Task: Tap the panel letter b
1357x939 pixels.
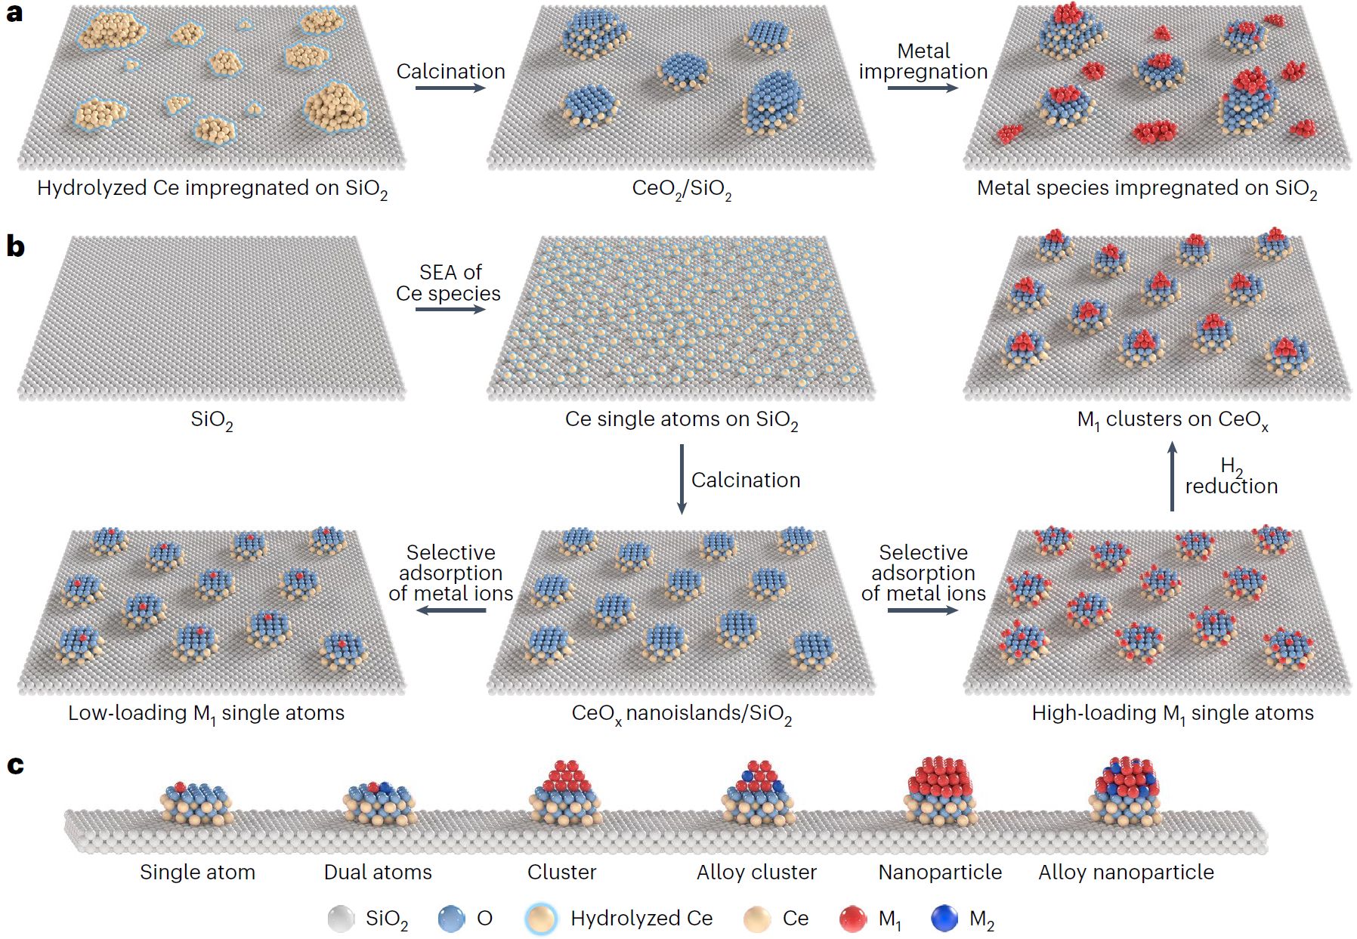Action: (x=15, y=246)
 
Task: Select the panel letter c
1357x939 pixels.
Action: (x=15, y=765)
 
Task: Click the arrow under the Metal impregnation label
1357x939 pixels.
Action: (x=923, y=88)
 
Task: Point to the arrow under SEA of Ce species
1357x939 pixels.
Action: (x=450, y=309)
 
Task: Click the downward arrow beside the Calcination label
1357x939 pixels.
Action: (x=682, y=479)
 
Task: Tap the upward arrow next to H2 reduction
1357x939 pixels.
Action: (x=1172, y=476)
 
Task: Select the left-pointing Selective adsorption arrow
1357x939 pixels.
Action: (x=451, y=610)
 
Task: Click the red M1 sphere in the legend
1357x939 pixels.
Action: (x=853, y=919)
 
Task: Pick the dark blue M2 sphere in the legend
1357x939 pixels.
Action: (x=944, y=919)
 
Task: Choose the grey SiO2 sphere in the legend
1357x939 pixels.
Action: (x=342, y=919)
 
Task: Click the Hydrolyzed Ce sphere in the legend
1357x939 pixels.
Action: (x=541, y=919)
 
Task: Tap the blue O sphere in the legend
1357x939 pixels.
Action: (x=452, y=919)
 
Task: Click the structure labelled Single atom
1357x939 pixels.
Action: (x=196, y=804)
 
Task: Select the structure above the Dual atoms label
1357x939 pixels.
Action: (x=379, y=804)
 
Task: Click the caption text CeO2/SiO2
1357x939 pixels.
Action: (x=682, y=189)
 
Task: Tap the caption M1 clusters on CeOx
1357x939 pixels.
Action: (x=1173, y=420)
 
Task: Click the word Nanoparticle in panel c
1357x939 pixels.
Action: (x=940, y=872)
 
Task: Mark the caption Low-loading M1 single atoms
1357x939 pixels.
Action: (x=206, y=714)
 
